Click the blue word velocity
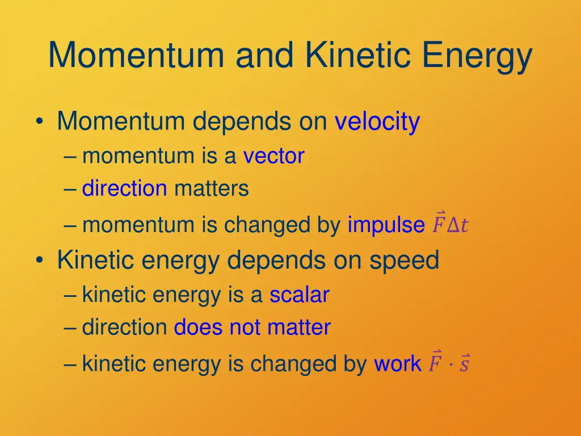point(377,122)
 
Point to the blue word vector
point(273,156)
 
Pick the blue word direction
point(124,188)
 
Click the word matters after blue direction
point(211,188)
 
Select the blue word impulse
point(386,225)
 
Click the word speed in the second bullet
point(404,261)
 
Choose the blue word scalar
point(299,295)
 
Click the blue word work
point(397,364)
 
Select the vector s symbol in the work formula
point(464,363)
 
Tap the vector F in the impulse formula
point(439,224)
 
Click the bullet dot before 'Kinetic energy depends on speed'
point(39,261)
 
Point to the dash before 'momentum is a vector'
point(70,157)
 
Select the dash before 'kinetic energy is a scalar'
point(70,296)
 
